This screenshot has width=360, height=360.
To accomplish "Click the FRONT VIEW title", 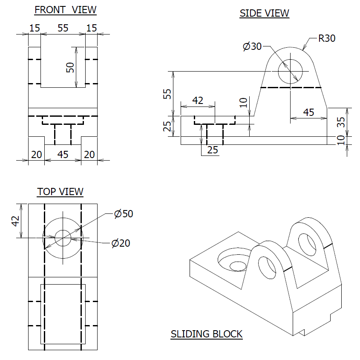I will click(x=65, y=10).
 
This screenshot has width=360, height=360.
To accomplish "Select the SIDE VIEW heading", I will click(x=264, y=13).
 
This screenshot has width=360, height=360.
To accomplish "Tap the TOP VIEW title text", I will click(x=60, y=192).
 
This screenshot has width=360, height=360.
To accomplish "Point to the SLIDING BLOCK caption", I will click(x=207, y=334).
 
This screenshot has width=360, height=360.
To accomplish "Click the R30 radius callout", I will click(x=327, y=39).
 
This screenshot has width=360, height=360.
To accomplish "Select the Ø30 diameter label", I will click(x=252, y=46).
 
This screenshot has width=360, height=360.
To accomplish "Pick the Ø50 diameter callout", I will click(x=124, y=214).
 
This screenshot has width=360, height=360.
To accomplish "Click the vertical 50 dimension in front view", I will click(x=70, y=67).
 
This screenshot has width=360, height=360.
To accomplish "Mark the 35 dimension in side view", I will click(x=340, y=122).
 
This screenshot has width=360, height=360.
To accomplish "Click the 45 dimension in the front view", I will click(x=63, y=154).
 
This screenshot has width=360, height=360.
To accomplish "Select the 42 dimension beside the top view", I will click(x=16, y=221).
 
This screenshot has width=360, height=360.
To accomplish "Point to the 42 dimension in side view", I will click(x=198, y=101).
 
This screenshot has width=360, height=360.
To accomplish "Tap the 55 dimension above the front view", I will click(x=63, y=28).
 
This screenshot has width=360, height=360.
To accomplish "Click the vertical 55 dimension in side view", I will click(x=168, y=94).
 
